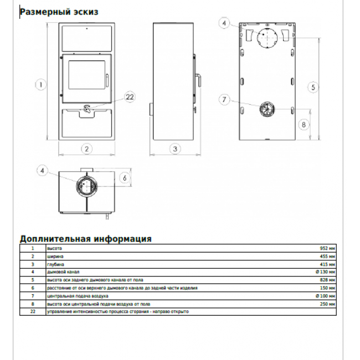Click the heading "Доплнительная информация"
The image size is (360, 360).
(85, 239)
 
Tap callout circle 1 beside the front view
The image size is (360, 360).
(40, 85)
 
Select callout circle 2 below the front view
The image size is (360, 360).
(87, 148)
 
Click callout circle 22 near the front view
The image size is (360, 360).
(130, 97)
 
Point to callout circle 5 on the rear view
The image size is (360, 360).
(313, 87)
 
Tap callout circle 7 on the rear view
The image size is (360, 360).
(224, 100)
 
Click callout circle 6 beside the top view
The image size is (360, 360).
(125, 178)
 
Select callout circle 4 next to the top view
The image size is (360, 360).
(44, 171)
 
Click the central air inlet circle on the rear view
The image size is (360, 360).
(266, 109)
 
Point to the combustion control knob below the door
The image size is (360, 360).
(88, 109)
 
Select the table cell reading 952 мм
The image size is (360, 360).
(328, 248)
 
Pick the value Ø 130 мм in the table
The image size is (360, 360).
(326, 272)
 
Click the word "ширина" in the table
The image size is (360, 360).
(55, 256)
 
